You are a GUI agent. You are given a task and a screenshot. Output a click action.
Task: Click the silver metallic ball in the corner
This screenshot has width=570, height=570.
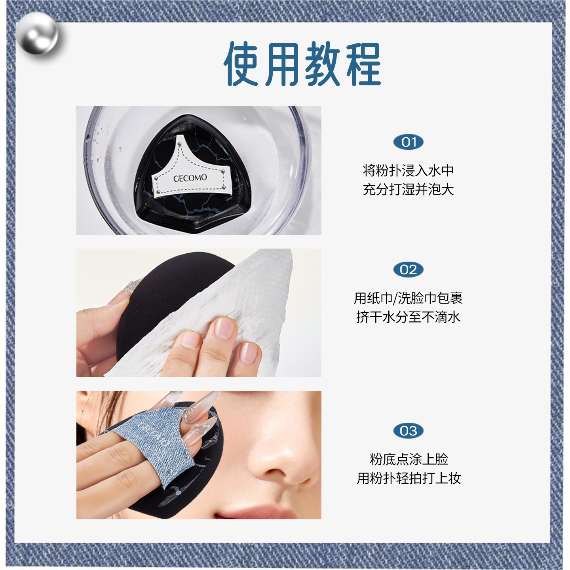point(37,33)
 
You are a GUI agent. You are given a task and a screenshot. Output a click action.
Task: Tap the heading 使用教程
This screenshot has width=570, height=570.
point(302,64)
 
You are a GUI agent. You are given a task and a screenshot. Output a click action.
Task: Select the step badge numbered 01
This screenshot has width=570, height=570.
point(408,142)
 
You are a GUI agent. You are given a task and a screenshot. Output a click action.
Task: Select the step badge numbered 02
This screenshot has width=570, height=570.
point(408,270)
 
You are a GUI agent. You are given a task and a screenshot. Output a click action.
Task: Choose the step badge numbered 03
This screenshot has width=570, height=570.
point(408,431)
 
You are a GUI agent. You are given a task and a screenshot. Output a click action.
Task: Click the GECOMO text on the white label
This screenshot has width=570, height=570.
point(190,178)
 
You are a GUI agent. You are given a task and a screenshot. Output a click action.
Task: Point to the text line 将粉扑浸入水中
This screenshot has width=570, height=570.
point(408,170)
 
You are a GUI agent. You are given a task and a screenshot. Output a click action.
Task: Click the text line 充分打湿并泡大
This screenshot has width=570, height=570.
point(408,189)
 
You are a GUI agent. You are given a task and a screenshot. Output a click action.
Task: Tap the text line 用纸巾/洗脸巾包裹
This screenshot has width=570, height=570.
point(408,298)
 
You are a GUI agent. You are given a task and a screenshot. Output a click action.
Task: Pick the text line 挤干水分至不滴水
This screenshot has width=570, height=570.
point(408,317)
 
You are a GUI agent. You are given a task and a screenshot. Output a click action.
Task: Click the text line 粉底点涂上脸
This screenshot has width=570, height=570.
point(409,459)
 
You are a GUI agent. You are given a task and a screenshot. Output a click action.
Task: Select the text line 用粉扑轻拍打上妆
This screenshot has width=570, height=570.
point(409,478)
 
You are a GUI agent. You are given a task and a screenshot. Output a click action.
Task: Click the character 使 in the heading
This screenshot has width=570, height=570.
point(241,64)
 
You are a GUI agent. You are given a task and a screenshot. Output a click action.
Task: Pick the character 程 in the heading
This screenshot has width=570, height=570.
point(363,64)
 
